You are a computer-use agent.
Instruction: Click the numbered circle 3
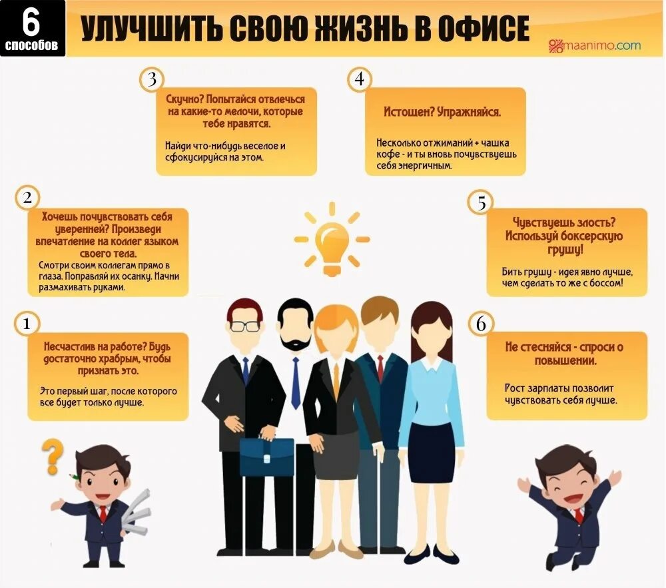coord(152,80)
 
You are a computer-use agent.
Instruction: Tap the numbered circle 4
coord(360,80)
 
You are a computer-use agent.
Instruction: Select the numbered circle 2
coord(27,198)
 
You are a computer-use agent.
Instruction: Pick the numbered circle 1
coord(27,324)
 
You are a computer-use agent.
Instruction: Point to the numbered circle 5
coord(481,202)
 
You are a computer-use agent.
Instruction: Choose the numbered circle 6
coord(481,324)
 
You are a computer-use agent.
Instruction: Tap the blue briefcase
coord(266,456)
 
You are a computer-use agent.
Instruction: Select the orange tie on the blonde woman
coord(336,380)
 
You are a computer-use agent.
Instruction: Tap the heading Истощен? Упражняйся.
coord(442,112)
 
